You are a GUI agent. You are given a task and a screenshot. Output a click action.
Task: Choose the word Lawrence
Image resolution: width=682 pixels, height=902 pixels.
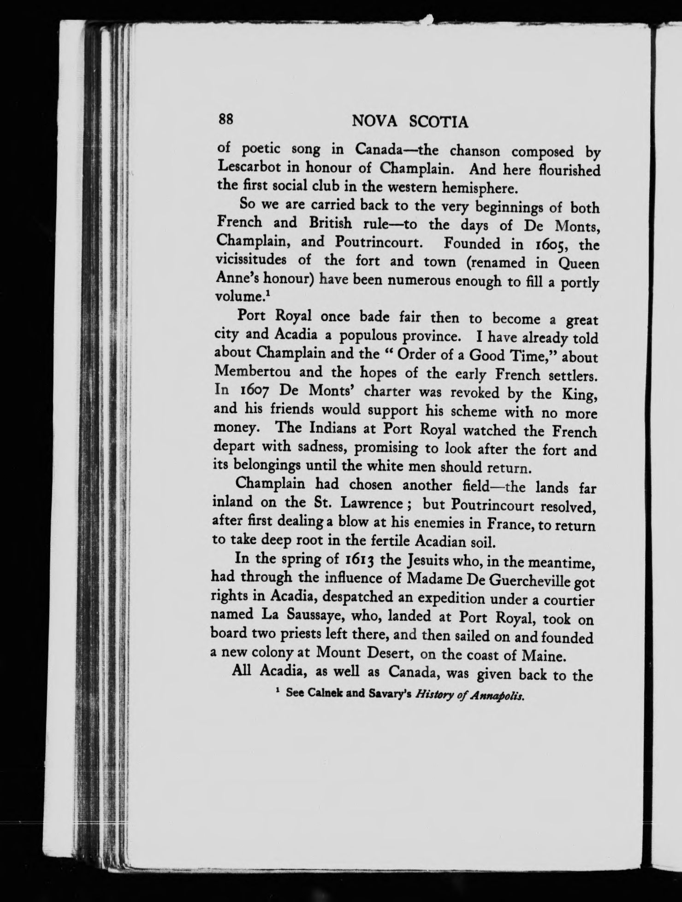(x=371, y=504)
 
